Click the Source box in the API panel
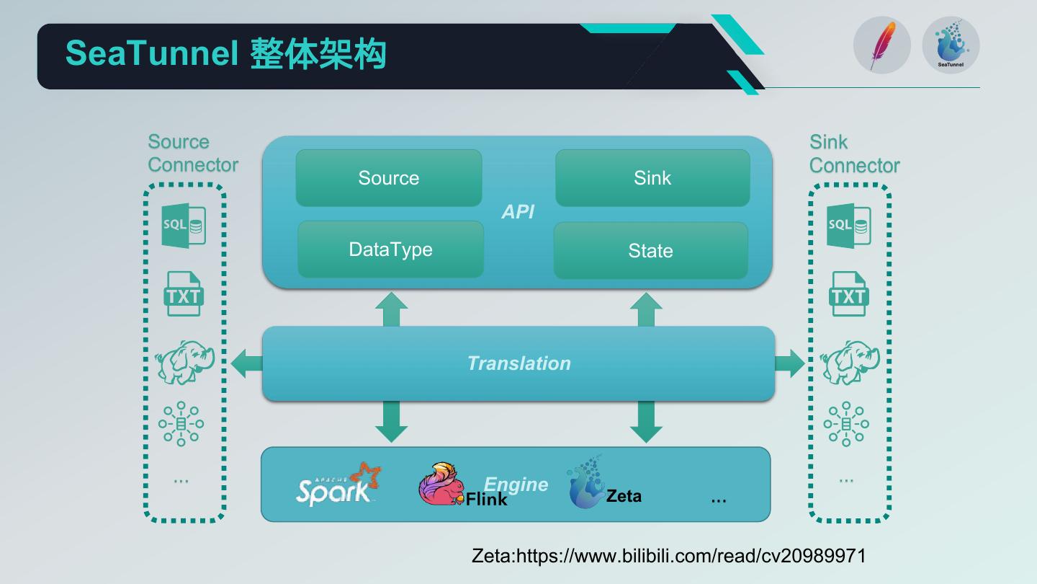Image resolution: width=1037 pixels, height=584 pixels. point(389,178)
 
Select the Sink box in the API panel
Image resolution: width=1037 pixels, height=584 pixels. point(652,178)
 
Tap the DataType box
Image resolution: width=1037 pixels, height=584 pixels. point(390,249)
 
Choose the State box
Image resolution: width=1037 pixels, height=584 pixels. point(650,251)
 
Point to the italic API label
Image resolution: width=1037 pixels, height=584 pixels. point(518,212)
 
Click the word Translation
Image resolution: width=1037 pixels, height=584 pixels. point(518,363)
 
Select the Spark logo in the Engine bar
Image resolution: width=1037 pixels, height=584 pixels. point(337,485)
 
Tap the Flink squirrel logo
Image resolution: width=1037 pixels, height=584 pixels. point(439,484)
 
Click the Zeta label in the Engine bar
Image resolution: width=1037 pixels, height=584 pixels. point(624,496)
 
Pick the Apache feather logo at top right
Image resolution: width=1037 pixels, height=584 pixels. point(881,45)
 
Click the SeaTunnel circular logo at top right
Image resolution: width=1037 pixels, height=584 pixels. point(951,45)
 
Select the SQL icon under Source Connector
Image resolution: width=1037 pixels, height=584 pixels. point(184,225)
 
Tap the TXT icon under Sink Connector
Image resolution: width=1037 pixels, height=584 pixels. point(848,294)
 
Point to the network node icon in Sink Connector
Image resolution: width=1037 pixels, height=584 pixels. point(846,424)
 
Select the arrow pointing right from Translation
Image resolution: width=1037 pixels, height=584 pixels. point(790,363)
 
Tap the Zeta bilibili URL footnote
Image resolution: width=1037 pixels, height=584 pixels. point(668,556)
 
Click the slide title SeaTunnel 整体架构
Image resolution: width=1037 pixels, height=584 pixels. point(225,54)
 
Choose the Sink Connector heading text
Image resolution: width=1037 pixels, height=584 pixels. point(854,154)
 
